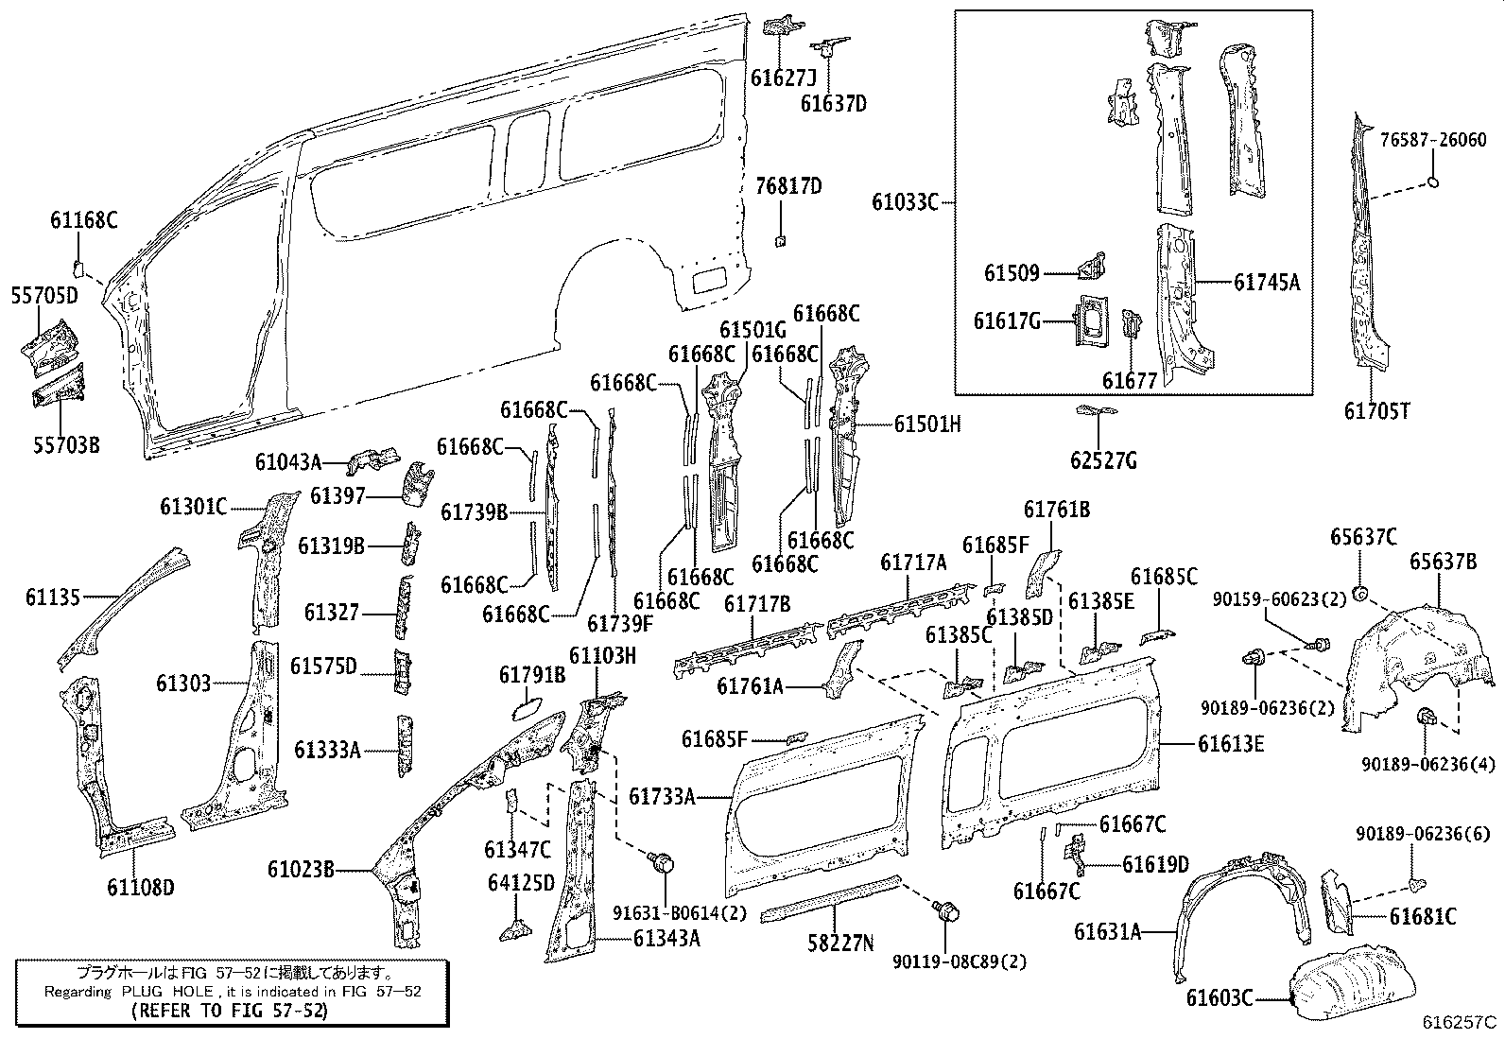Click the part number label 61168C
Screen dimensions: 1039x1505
click(x=83, y=221)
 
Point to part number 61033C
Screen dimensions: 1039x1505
click(x=904, y=202)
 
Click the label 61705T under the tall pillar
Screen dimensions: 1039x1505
click(x=1376, y=411)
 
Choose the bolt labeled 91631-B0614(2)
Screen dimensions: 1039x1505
click(x=662, y=862)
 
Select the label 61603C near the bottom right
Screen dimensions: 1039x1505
click(x=1220, y=997)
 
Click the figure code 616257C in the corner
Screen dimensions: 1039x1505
click(x=1461, y=1023)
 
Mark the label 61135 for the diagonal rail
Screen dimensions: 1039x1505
click(x=53, y=597)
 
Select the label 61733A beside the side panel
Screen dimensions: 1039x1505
click(x=662, y=797)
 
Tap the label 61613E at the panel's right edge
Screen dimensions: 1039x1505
click(x=1231, y=744)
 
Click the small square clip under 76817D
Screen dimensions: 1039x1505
click(x=781, y=240)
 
